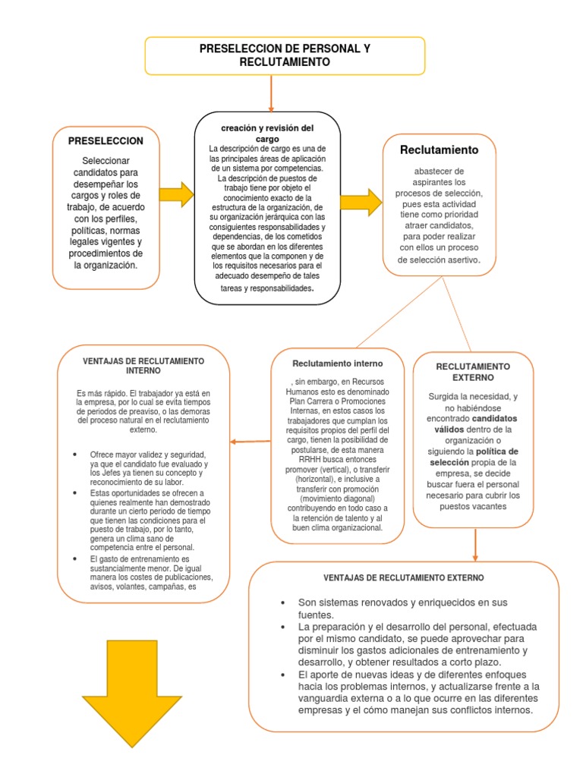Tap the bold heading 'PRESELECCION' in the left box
click(x=106, y=141)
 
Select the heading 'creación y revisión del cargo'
click(x=266, y=134)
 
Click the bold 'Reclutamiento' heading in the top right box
click(x=440, y=149)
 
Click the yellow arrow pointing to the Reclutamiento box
click(x=361, y=202)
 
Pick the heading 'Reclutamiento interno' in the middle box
click(x=327, y=363)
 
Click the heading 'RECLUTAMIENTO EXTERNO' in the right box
click(x=473, y=372)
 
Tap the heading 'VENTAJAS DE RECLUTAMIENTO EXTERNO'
click(x=403, y=577)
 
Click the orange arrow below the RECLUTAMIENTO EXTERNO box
click(x=475, y=543)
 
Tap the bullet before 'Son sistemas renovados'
click(x=282, y=602)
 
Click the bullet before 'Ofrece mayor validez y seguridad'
click(x=76, y=454)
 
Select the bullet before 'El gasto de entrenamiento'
click(x=76, y=558)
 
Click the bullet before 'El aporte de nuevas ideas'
click(x=282, y=675)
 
